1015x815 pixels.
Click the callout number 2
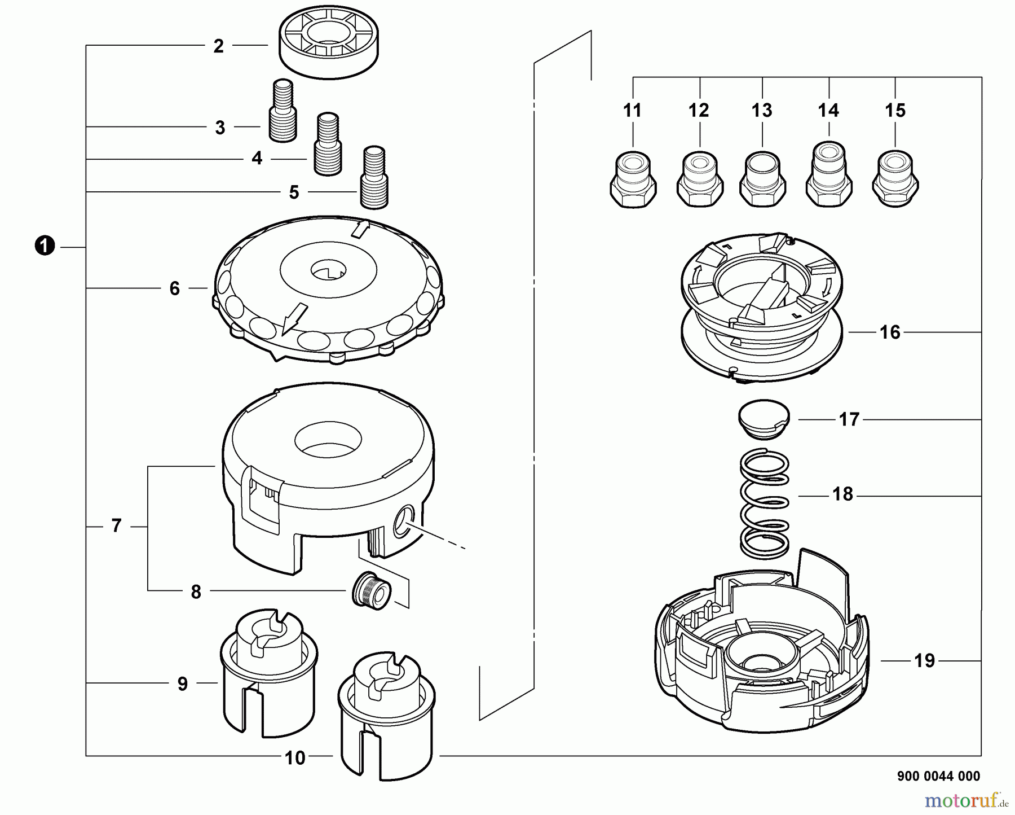(219, 46)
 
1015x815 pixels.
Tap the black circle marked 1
(45, 247)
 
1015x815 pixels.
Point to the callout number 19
(924, 661)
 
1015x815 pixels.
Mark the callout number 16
(890, 332)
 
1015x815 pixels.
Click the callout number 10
(295, 758)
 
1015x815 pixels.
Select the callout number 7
(116, 526)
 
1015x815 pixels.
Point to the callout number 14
(828, 111)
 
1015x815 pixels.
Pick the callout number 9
(182, 684)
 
